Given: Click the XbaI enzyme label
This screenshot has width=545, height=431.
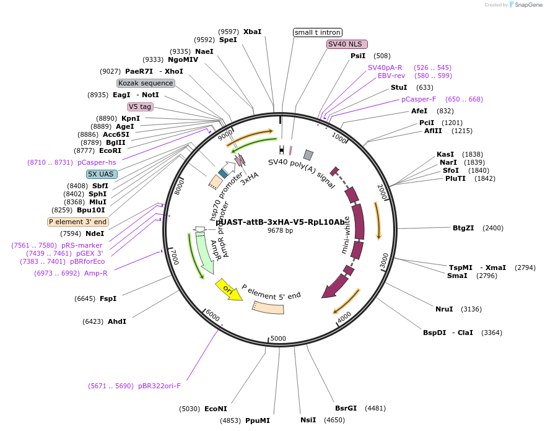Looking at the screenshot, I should [252, 31].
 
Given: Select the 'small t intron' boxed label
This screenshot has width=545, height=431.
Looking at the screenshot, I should [318, 32].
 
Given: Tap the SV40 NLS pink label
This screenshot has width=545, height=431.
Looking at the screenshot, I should [347, 44].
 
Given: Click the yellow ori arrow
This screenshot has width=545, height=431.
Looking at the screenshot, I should [229, 289].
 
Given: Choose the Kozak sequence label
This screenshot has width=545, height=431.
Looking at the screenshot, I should [146, 83].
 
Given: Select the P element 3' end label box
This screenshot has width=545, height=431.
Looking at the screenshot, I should [78, 222].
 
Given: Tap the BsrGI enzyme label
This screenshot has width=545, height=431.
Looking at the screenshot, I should [346, 408].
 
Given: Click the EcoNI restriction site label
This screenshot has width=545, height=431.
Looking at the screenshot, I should [216, 409].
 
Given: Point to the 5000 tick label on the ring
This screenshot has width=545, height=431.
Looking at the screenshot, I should [278, 338].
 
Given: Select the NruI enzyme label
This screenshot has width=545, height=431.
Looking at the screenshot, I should [444, 309].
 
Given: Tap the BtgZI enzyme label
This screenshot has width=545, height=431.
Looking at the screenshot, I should [463, 228].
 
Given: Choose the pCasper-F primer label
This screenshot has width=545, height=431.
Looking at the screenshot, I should [419, 99].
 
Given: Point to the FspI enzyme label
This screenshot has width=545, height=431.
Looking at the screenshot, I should [108, 298].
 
